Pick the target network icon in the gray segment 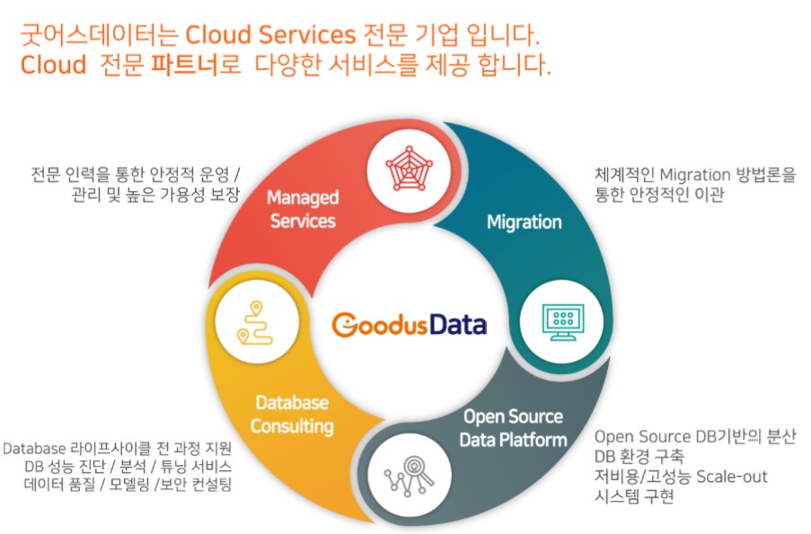[410, 477]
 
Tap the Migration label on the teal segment [524, 222]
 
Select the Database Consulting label [292, 415]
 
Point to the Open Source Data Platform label [513, 428]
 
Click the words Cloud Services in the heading [270, 36]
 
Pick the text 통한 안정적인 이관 [659, 193]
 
